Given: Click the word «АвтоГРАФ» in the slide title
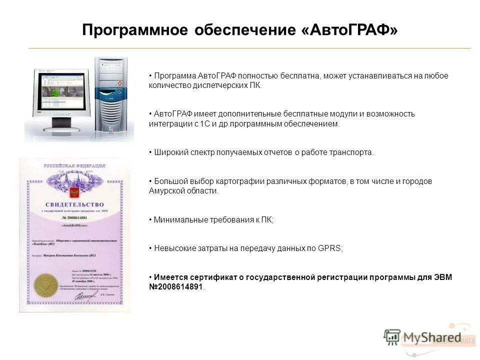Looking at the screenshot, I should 350,30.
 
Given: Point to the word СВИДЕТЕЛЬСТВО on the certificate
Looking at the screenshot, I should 75,204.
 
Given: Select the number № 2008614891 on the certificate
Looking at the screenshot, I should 75,218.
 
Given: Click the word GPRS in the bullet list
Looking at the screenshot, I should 329,248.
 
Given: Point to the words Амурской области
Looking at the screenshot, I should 183,191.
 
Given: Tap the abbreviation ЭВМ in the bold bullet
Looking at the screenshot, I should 442,277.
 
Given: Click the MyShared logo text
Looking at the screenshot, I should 432,337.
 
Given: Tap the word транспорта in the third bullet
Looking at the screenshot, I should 353,152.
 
